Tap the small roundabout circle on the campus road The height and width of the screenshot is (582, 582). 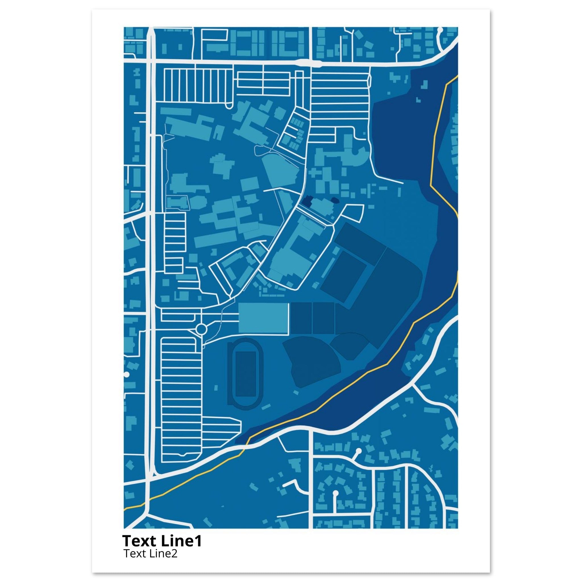point(201,329)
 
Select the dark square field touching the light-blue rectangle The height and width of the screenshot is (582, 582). point(301,318)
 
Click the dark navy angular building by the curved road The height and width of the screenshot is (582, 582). point(308,201)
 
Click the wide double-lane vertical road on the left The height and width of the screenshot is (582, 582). point(150,241)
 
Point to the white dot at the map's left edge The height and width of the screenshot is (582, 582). point(126,375)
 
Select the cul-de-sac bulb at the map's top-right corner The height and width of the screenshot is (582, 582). point(440,30)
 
